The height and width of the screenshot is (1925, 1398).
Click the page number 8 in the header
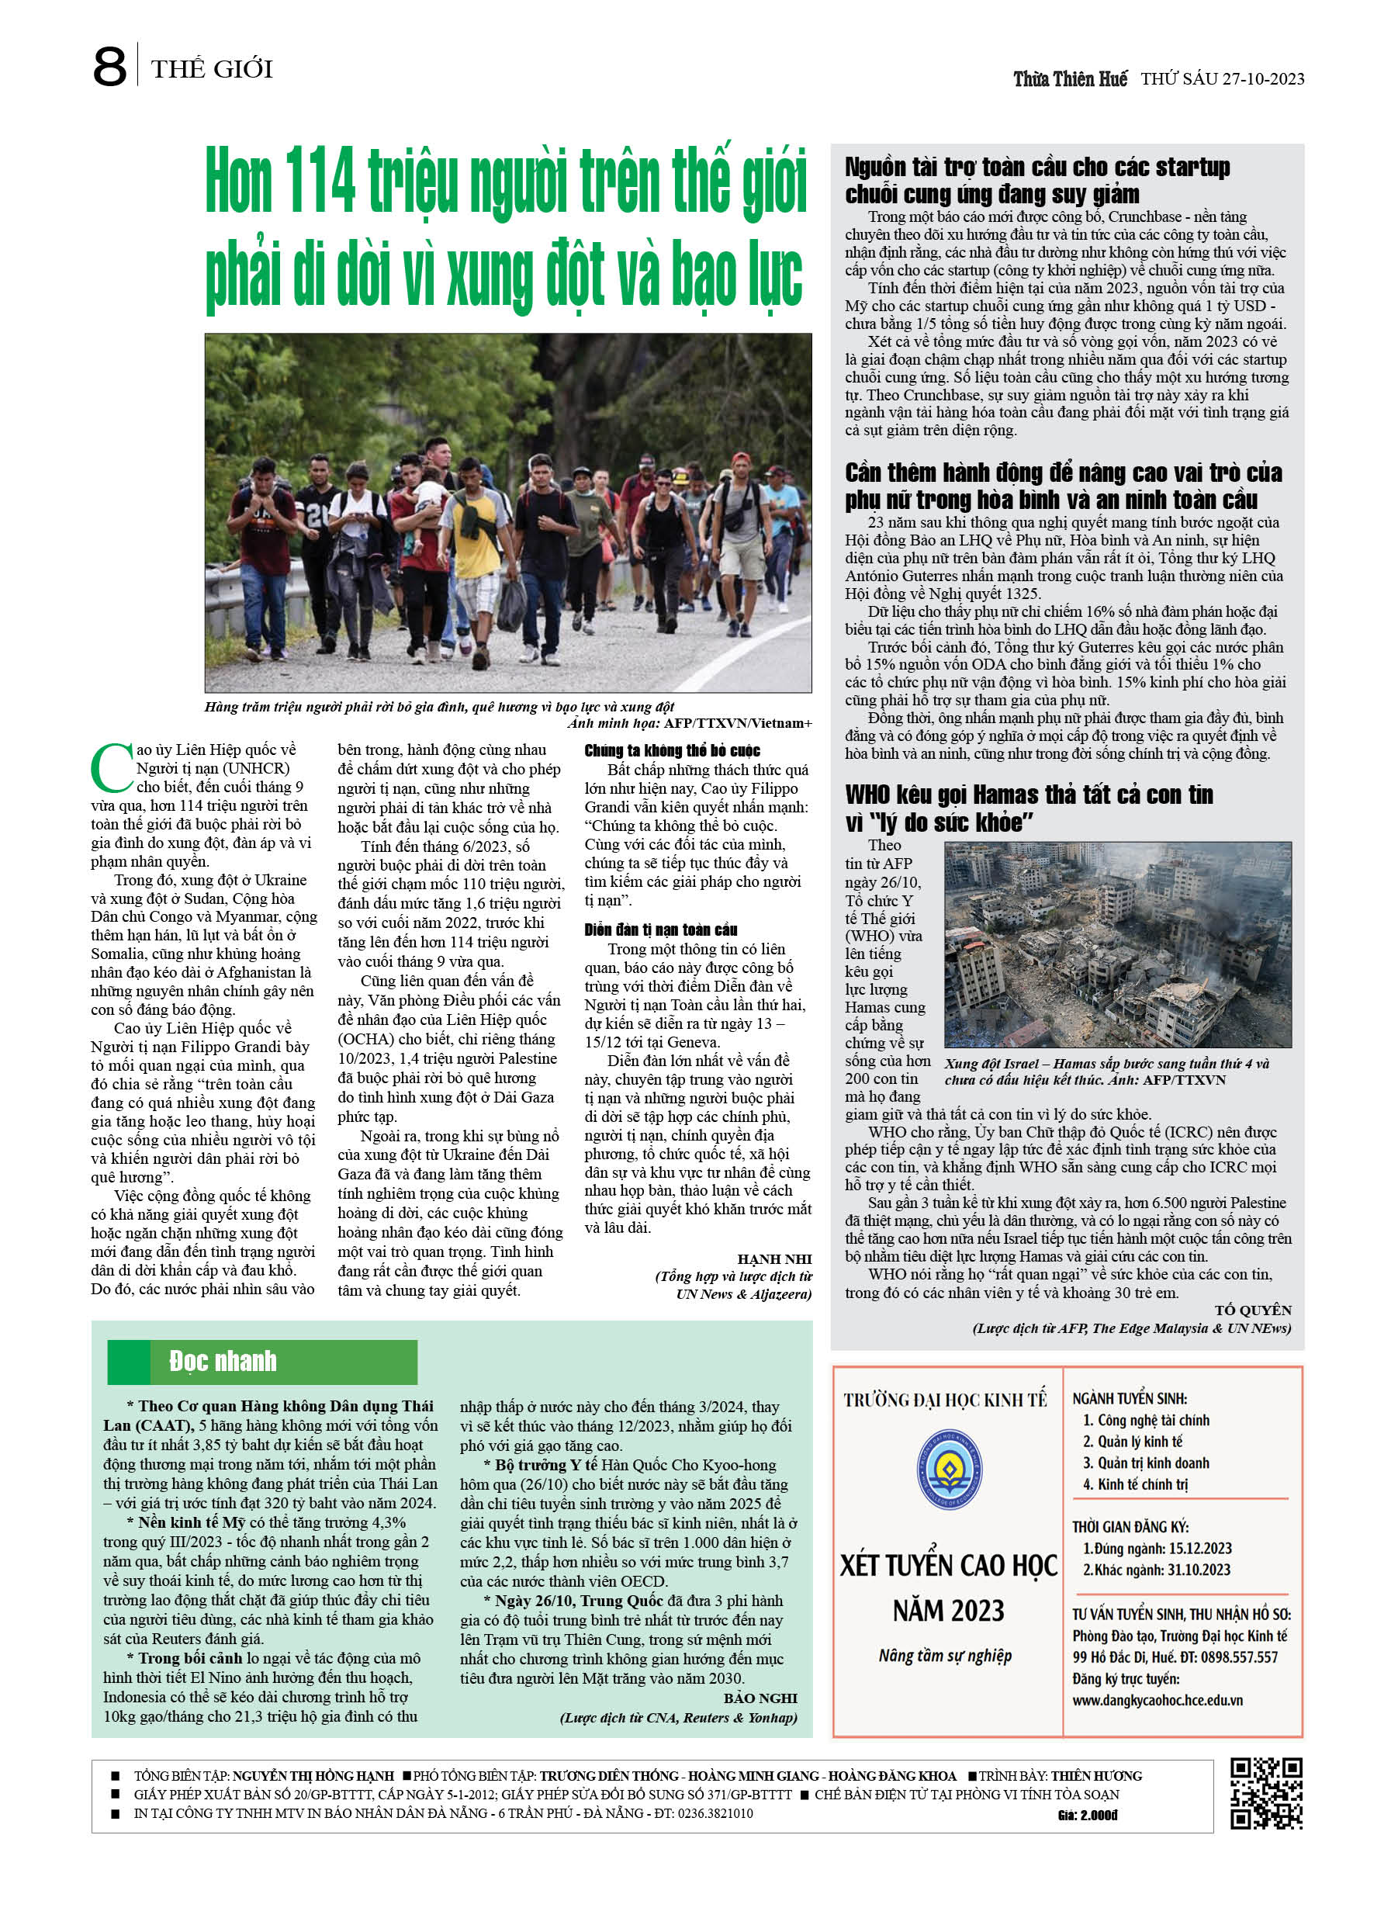(x=109, y=67)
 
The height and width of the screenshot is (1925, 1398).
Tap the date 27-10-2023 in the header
(x=1263, y=79)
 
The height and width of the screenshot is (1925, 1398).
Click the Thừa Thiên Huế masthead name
(x=1070, y=79)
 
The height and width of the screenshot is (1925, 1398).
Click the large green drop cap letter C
(x=111, y=768)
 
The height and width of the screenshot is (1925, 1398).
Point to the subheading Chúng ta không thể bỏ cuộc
(x=671, y=750)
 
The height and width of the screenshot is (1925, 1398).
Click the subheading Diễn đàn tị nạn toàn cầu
(x=660, y=930)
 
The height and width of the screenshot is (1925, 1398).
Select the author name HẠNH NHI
(x=774, y=1259)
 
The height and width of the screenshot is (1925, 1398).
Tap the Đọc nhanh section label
(x=223, y=1362)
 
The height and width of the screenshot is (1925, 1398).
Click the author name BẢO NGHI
(x=760, y=1698)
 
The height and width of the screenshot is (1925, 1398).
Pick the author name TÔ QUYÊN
(x=1252, y=1310)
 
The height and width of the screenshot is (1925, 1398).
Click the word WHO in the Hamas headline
(x=874, y=795)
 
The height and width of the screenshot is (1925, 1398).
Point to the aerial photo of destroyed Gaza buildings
(x=1117, y=943)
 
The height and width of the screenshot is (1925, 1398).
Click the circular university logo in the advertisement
(x=949, y=1470)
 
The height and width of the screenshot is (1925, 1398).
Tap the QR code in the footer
(x=1265, y=1793)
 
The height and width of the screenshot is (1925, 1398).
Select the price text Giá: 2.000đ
(x=1088, y=1815)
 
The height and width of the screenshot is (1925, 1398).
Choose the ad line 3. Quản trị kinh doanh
(x=1145, y=1463)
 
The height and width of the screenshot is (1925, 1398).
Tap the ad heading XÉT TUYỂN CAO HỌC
(x=948, y=1565)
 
